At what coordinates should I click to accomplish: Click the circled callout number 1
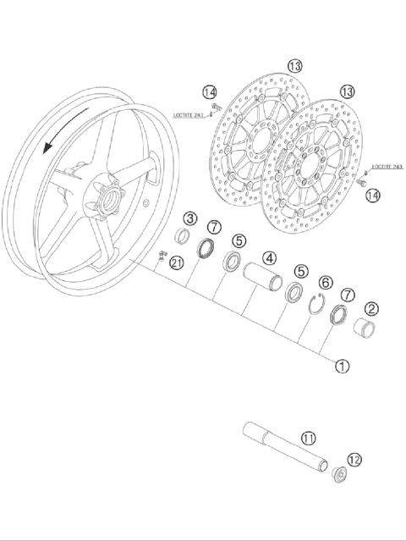[x=343, y=367]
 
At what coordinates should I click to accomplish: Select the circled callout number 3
[x=191, y=219]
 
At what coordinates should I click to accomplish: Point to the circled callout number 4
[x=269, y=257]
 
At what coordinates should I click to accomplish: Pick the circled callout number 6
[x=325, y=282]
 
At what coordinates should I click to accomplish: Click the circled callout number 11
[x=309, y=438]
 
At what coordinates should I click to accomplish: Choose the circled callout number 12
[x=354, y=460]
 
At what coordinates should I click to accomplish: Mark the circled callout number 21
[x=176, y=263]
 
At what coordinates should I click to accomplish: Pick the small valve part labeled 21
[x=161, y=254]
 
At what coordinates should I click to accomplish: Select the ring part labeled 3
[x=183, y=236]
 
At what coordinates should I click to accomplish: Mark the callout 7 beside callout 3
[x=215, y=227]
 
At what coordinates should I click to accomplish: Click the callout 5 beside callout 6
[x=300, y=271]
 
